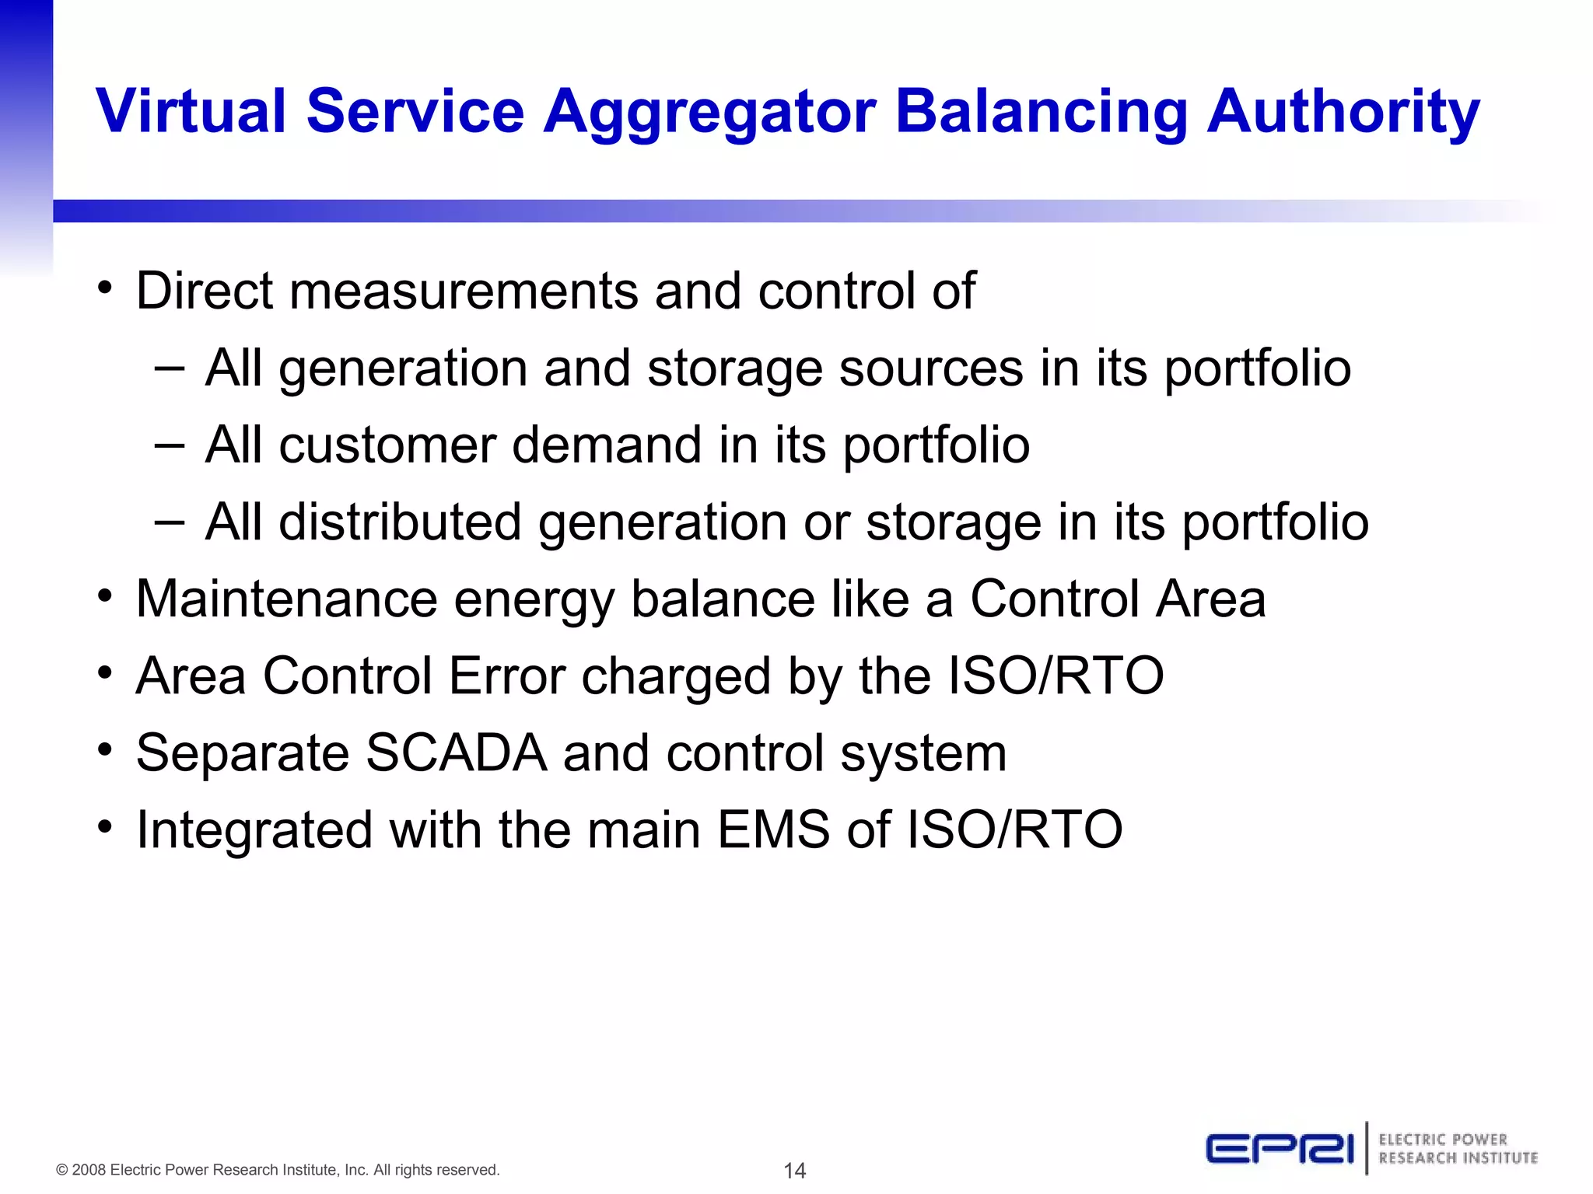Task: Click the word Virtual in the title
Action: click(191, 111)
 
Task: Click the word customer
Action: click(387, 445)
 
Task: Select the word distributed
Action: click(400, 522)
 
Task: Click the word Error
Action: click(506, 676)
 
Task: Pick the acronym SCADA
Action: click(457, 752)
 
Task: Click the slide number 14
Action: click(794, 1171)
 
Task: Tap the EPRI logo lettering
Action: click(1280, 1149)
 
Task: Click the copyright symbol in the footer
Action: click(62, 1171)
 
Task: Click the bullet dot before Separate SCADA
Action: click(105, 751)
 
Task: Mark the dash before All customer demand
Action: click(170, 445)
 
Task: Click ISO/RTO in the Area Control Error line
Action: click(1056, 676)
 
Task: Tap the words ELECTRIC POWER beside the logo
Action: click(1443, 1140)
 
